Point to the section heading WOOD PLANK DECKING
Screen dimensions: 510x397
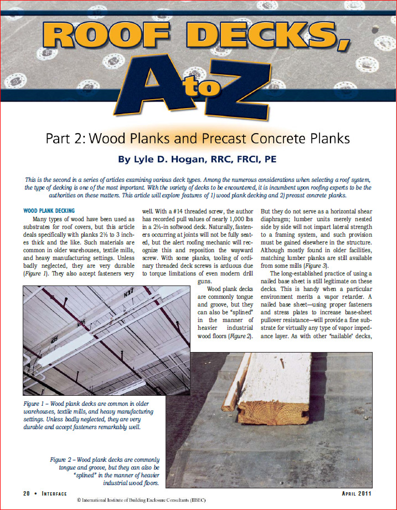(52, 211)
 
